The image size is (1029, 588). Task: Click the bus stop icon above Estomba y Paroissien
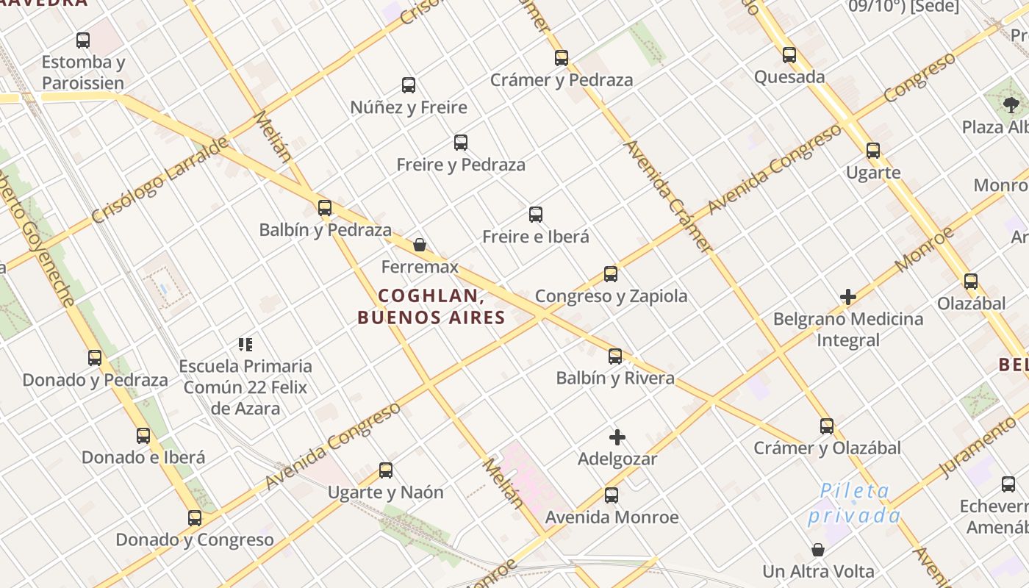point(83,40)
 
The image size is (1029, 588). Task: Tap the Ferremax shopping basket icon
point(420,245)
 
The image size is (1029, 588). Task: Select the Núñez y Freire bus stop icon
point(409,85)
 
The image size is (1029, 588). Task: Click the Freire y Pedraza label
point(461,165)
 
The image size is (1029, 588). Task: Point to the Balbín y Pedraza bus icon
point(325,208)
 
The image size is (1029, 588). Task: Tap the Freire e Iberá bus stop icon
point(536,215)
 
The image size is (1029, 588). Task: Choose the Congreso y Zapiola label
point(611,296)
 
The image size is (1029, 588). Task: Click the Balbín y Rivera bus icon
point(615,356)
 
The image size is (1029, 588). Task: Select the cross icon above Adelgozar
point(617,438)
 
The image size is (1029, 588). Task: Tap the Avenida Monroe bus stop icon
point(612,495)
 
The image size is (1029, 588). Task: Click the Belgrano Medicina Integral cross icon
point(848,298)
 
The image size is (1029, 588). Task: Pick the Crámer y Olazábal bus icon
point(827,426)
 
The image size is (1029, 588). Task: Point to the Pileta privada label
point(854,503)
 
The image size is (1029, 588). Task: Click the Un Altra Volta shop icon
point(818,550)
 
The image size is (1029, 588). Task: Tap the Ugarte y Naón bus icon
point(386,470)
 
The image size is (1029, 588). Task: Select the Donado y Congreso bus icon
point(195,518)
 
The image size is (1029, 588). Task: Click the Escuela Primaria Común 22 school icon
point(245,344)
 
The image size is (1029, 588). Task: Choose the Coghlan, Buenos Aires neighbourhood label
point(431,306)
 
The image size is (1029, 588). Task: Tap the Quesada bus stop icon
point(789,55)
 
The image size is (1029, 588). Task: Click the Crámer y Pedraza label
point(562,80)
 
